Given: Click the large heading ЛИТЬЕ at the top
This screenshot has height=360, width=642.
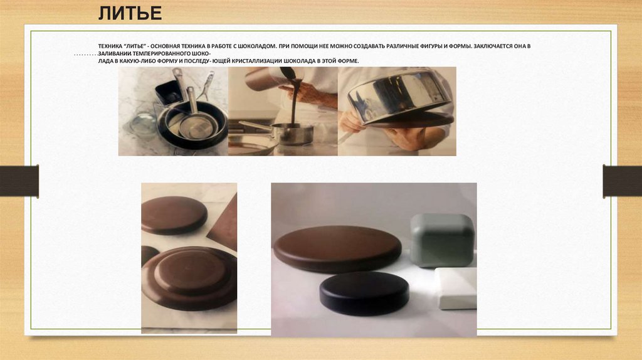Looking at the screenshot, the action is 130,14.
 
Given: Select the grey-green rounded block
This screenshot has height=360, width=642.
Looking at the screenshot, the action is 442,240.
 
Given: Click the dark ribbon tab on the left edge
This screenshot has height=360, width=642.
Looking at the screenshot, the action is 19,181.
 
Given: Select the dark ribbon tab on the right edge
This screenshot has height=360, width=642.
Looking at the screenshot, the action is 623,181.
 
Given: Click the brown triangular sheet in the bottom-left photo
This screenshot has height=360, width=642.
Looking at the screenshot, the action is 224,224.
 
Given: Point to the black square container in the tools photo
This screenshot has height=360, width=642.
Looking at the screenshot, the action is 169,93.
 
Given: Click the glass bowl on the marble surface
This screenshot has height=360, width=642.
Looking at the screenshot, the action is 143,125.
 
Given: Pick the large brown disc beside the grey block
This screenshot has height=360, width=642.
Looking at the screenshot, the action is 337,248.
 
